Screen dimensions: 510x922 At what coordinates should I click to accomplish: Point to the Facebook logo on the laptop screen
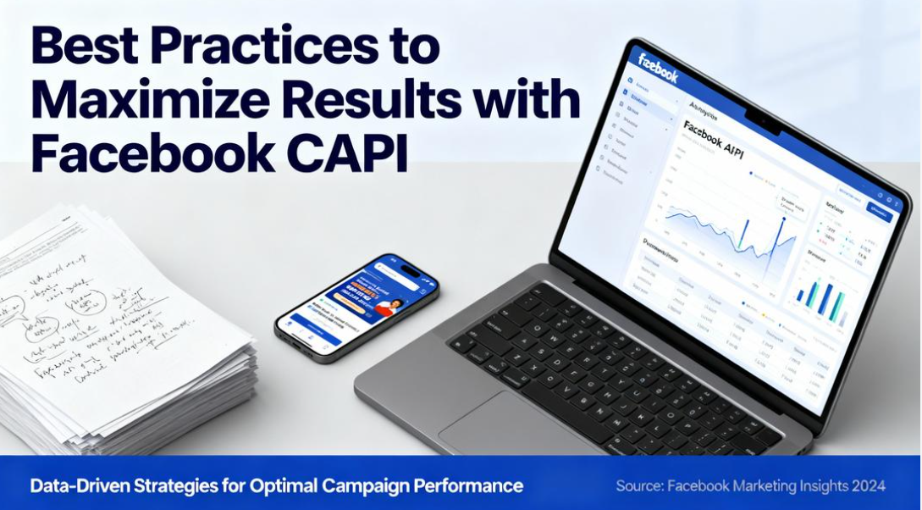[x=658, y=68]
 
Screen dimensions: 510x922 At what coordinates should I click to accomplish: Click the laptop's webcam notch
[x=763, y=124]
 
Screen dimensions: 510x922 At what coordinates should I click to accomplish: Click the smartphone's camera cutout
[x=411, y=271]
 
